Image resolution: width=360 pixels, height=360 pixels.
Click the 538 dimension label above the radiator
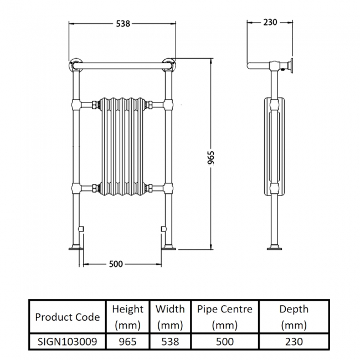point(122,24)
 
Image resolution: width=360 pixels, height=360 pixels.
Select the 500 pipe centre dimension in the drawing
point(115,264)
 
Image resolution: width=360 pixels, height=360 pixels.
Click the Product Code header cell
point(67,317)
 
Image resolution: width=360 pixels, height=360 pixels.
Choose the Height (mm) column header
point(127,317)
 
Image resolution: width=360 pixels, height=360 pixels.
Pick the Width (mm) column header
point(169,317)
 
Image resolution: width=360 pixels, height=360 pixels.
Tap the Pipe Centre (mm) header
point(224,317)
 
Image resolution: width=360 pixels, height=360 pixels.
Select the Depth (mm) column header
point(294,317)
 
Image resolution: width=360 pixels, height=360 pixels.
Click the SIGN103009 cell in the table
point(67,342)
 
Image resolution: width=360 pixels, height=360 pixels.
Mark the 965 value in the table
point(127,342)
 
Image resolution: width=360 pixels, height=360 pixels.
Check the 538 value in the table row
point(169,342)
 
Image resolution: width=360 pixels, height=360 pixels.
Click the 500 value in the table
point(224,342)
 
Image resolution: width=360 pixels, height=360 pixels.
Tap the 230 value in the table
point(294,342)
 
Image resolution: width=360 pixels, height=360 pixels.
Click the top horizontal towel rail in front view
point(122,66)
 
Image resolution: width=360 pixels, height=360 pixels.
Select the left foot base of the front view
point(76,246)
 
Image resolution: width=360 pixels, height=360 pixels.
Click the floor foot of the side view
point(274,247)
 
